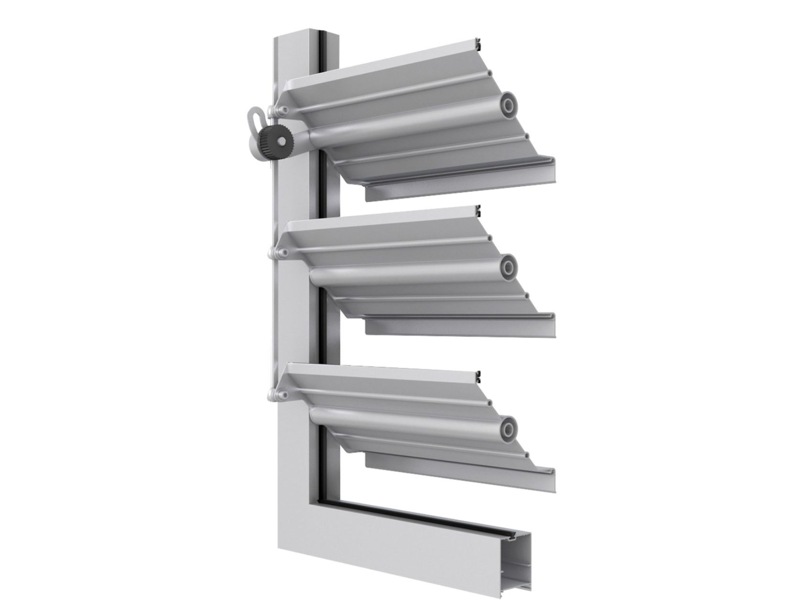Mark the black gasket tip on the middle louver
pyautogui.click(x=478, y=209)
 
